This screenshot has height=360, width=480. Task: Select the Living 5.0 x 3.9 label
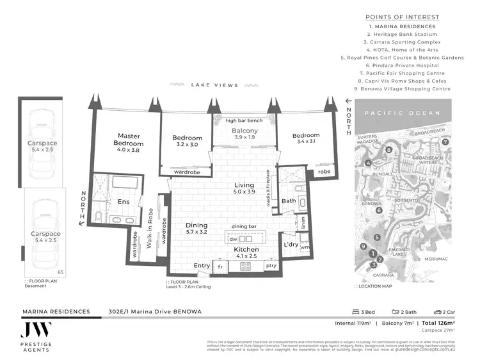(x=244, y=188)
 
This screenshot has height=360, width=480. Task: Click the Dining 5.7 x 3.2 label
(x=196, y=229)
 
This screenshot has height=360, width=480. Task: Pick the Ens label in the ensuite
(x=124, y=202)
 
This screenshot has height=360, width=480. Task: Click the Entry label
(x=202, y=265)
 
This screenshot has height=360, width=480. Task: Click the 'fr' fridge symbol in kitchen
(x=220, y=266)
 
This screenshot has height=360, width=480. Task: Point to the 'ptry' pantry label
(x=271, y=266)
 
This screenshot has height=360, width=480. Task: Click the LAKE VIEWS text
(x=214, y=85)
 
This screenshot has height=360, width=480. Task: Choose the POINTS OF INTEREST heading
(x=402, y=17)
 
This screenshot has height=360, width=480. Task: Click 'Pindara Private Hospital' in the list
(x=402, y=65)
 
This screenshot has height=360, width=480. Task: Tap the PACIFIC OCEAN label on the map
(x=402, y=113)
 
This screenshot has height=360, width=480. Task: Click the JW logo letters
(x=36, y=330)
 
